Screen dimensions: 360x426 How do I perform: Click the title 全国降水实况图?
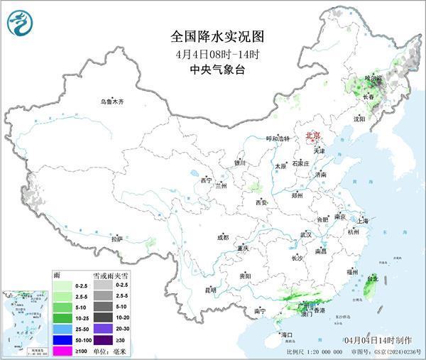click(212, 36)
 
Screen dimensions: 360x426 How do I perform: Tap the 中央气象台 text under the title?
click(212, 69)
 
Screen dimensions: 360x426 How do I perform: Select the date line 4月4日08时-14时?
click(212, 53)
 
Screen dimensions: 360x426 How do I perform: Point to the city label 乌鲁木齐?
click(111, 102)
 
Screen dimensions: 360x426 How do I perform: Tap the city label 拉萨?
click(117, 239)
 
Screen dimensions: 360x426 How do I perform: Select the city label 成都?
click(223, 237)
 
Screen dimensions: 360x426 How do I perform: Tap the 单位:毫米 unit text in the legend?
click(110, 351)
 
